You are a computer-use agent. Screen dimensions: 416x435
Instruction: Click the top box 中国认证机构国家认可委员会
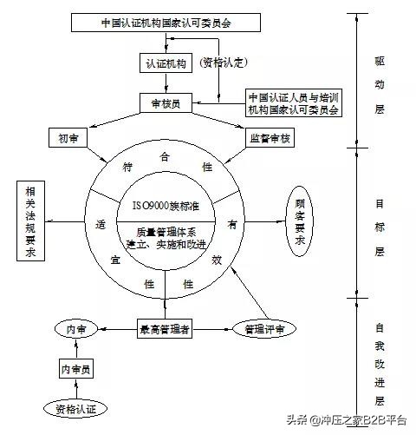166,23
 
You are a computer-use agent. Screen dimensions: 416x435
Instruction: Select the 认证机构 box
166,63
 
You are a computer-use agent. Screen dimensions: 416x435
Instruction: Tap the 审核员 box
166,102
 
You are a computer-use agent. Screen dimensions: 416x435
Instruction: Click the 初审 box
68,137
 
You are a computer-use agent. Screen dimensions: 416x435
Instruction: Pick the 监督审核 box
270,137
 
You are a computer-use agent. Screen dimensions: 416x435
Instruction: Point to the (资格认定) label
223,63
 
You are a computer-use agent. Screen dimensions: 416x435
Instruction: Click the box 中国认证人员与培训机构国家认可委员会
294,103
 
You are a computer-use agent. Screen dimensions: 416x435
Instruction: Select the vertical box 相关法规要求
30,221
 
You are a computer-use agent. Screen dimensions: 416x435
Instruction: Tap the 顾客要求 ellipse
300,221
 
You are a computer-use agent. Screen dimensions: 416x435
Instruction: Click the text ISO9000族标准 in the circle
166,206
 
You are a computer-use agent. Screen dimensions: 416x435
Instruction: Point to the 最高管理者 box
165,328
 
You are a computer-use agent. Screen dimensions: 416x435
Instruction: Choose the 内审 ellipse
76,329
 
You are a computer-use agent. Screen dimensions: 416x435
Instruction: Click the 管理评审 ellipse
264,329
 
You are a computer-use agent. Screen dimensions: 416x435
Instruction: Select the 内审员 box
76,368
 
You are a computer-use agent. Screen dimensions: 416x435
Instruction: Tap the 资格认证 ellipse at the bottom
75,409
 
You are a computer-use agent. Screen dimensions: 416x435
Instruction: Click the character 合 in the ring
165,157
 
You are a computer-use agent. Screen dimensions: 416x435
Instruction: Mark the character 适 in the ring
101,224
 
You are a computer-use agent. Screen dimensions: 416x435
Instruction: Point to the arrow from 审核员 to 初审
115,120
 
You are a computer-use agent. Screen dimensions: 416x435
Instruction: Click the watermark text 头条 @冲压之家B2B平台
347,419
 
